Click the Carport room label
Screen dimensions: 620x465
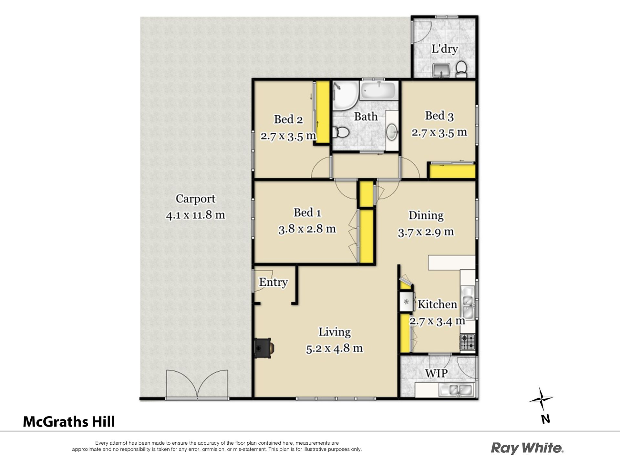(195, 199)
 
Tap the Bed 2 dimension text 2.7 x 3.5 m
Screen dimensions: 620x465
(288, 136)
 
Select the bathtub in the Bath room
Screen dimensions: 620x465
(378, 91)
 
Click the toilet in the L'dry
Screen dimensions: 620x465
(461, 69)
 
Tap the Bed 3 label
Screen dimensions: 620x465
(439, 116)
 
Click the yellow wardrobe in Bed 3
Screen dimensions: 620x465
(452, 171)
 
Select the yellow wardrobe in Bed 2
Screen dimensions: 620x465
(322, 112)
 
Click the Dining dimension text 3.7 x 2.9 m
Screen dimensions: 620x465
(426, 232)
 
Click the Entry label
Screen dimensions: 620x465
(273, 282)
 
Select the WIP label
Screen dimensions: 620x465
(436, 374)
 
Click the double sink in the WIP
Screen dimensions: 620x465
(456, 390)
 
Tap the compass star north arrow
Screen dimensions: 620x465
(541, 399)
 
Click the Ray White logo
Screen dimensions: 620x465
(527, 448)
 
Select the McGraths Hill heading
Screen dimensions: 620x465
(69, 422)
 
